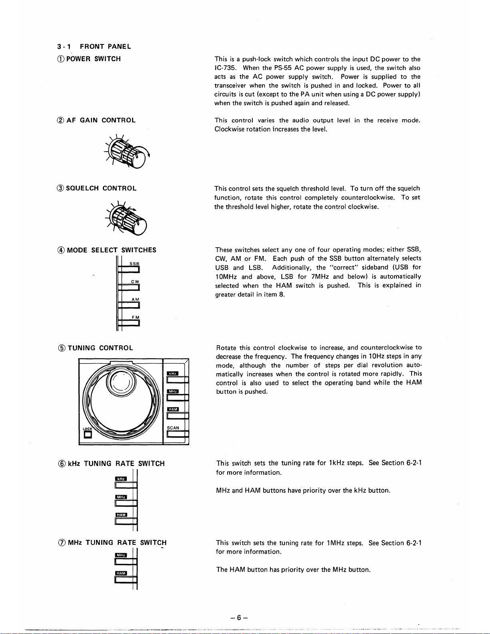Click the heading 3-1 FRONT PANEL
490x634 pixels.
94,46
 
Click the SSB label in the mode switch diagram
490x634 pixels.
134,264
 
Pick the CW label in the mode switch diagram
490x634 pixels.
135,282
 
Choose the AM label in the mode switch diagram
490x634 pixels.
135,299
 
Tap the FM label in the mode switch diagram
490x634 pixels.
135,317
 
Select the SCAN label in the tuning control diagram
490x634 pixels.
173,428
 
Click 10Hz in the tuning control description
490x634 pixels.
377,356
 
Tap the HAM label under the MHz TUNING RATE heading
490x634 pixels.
121,573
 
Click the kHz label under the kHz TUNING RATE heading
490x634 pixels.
121,479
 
